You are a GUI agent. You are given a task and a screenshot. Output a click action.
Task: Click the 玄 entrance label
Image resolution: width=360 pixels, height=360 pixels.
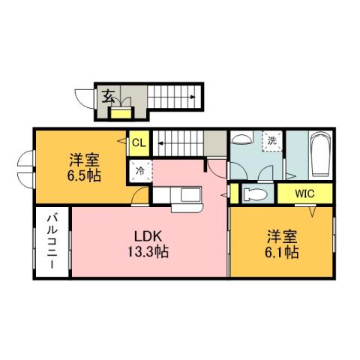pos(109,96)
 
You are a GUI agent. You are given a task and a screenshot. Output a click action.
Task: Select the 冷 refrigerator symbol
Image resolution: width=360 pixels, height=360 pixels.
pos(139,170)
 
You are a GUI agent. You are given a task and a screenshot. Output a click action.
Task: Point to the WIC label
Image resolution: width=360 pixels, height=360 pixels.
pos(304,193)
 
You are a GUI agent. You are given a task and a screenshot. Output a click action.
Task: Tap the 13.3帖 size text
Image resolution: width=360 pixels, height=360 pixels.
pos(147,252)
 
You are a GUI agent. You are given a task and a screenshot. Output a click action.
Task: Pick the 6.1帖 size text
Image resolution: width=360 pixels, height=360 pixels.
pos(280,252)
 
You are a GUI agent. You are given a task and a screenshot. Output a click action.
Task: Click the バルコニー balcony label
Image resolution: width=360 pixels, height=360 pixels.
pos(52,241)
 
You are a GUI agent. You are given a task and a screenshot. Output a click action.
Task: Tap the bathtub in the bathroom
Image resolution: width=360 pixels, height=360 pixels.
pos(321,154)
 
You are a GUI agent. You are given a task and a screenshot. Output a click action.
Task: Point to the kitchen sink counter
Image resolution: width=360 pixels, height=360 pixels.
pos(178,196)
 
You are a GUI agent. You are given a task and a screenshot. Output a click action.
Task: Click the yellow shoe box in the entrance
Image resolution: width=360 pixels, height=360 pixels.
pos(119,113)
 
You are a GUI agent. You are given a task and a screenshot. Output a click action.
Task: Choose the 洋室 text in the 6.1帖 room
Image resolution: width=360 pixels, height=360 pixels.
pos(280,235)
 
